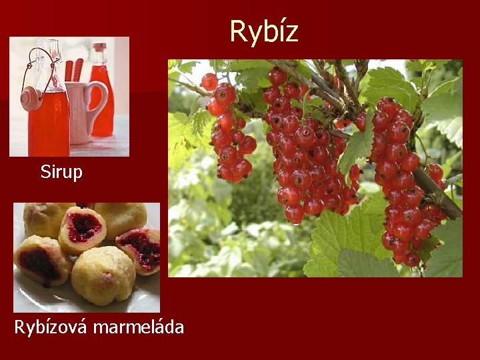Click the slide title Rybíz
coord(263,31)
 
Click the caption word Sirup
coord(61,172)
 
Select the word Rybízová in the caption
coord(51,328)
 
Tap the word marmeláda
coord(139,327)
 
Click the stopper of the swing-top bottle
coord(30,99)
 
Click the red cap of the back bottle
coord(99,48)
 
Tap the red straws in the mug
coord(73,70)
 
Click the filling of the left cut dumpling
coord(40,263)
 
